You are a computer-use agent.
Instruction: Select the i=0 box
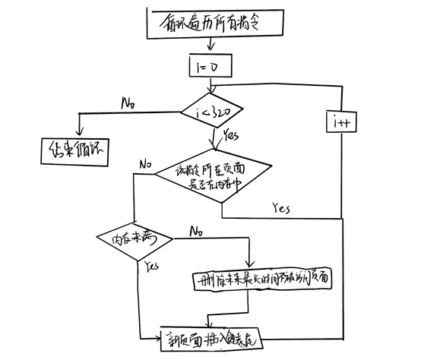210,68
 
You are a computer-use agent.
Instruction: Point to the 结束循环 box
71,150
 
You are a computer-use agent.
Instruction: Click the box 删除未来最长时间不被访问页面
262,279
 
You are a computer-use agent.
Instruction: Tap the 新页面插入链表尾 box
214,335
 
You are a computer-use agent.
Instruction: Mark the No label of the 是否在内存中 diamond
145,163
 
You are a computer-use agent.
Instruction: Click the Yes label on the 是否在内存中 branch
280,207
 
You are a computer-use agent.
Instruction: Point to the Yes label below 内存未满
150,266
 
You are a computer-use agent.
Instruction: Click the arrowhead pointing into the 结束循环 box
78,132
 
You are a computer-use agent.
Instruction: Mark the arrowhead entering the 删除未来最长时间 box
248,265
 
